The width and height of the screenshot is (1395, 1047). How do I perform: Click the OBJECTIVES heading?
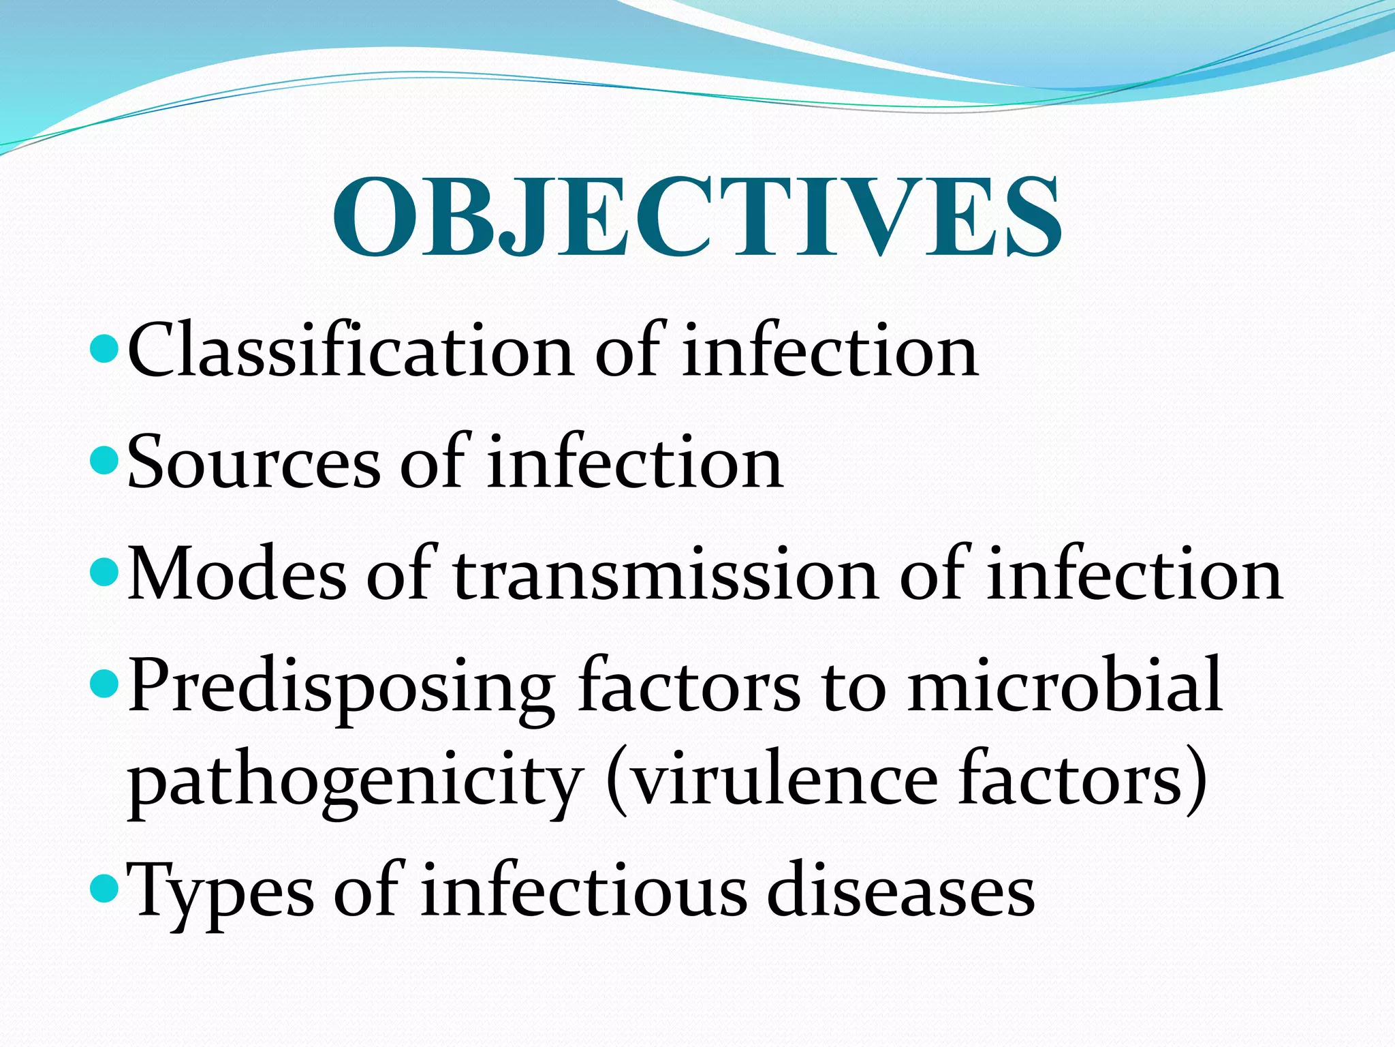[x=697, y=217]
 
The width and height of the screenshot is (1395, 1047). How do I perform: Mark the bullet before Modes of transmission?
[x=104, y=573]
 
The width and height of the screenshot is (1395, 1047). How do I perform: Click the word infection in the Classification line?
[x=830, y=351]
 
